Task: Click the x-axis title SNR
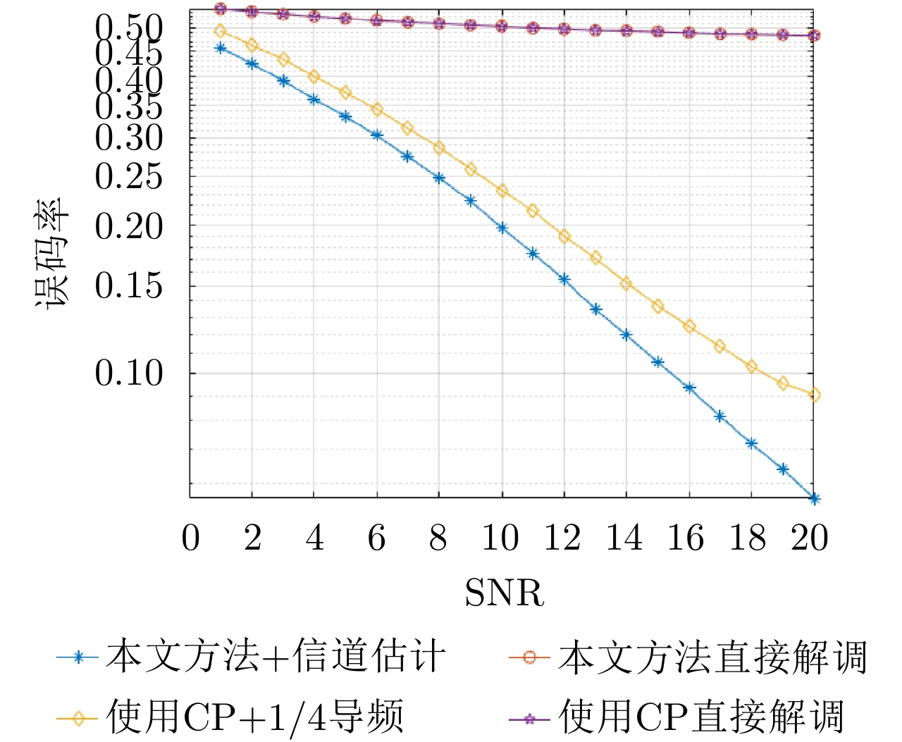[x=504, y=593]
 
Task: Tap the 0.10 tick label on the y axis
[x=129, y=373]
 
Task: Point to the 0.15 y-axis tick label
[x=129, y=285]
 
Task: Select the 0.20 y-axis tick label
[x=129, y=226]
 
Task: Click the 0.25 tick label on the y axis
[x=129, y=176]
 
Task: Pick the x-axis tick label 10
[x=501, y=538]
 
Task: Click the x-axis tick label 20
[x=810, y=538]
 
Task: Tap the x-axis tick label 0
[x=190, y=538]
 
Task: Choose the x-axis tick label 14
[x=624, y=538]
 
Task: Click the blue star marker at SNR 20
[x=814, y=499]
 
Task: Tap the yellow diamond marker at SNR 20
[x=814, y=395]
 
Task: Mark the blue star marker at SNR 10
[x=502, y=228]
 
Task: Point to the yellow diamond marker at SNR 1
[x=221, y=31]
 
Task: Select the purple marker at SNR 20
[x=814, y=35]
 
